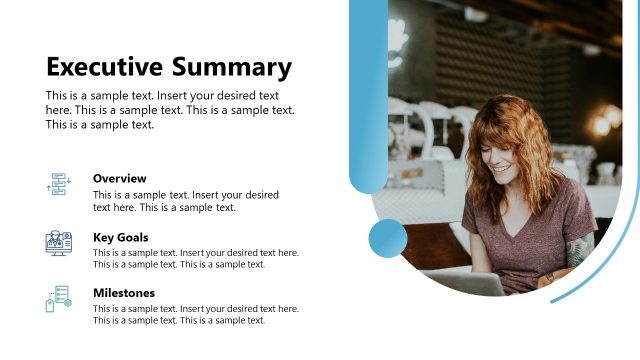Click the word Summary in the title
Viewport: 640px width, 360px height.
pos(231,68)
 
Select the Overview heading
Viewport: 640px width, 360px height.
pos(119,178)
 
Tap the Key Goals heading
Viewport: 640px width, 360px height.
pos(120,237)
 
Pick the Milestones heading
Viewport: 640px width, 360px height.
pos(123,293)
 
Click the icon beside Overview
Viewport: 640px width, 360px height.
pos(58,184)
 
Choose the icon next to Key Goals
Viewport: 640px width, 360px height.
pos(58,242)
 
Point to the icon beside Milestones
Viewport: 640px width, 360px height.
pos(58,298)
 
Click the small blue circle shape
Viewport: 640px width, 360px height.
pos(388,239)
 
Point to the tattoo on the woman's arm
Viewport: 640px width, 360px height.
pos(580,250)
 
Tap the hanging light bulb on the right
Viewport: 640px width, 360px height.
pos(603,124)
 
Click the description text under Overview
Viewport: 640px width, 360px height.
pos(185,201)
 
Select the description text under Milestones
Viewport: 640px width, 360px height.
pos(195,314)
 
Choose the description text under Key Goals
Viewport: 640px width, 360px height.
pos(195,258)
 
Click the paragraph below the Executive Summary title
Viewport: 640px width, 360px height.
pos(170,110)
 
